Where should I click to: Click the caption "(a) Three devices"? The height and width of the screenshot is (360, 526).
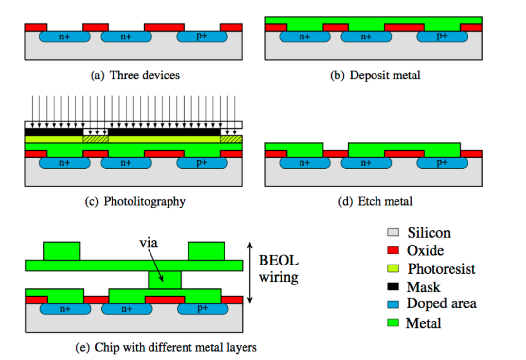click(x=135, y=75)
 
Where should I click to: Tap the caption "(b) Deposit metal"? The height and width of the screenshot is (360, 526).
click(x=375, y=75)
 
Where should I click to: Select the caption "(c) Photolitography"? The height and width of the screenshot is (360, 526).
click(x=135, y=201)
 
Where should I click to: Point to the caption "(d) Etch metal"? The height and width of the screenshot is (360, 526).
click(x=375, y=201)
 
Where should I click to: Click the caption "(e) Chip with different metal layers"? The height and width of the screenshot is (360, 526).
click(x=166, y=347)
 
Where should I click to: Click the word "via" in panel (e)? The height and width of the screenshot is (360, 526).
click(x=148, y=243)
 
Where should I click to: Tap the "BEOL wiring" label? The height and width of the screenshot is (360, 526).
click(x=279, y=269)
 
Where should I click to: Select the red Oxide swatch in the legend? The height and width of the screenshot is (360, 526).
click(x=393, y=250)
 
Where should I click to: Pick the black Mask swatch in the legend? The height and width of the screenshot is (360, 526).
click(x=393, y=286)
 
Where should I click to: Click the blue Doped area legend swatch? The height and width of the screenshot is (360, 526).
click(x=393, y=304)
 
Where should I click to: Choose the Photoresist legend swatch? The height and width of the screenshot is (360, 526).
click(x=393, y=268)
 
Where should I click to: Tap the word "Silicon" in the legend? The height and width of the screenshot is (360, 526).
click(x=429, y=233)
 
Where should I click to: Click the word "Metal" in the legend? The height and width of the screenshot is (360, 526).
click(x=423, y=323)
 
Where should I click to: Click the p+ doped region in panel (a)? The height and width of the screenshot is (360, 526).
click(x=202, y=36)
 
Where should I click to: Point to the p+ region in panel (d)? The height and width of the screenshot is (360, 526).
click(x=442, y=162)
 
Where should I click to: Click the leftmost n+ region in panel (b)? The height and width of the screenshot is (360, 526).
click(x=304, y=36)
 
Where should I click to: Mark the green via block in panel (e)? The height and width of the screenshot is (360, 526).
click(x=165, y=280)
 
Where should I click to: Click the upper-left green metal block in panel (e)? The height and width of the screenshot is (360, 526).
click(x=62, y=251)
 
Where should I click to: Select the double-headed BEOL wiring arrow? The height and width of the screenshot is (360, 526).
click(x=249, y=273)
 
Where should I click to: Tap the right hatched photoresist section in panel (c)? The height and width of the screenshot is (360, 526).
click(x=231, y=139)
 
